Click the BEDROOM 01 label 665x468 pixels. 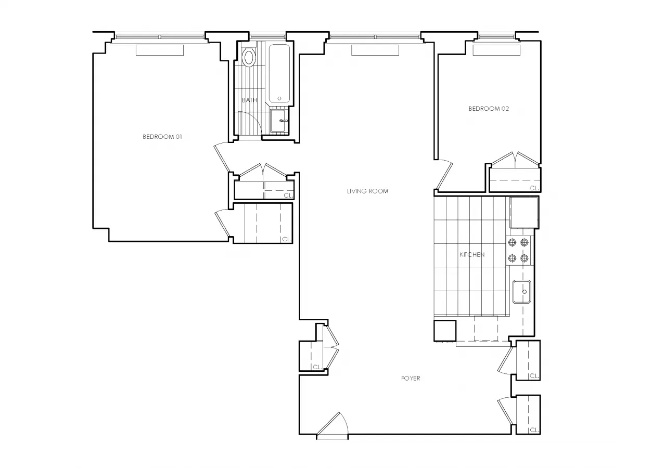coord(162,137)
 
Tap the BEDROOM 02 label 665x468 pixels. coord(489,109)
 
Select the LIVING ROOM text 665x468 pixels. coord(367,191)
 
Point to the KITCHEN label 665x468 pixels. coord(472,254)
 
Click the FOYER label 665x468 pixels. coord(410,378)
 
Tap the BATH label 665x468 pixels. coord(249,100)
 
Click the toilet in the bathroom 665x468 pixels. coord(249,57)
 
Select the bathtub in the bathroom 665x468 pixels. coord(279,73)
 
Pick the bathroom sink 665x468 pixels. coord(279,121)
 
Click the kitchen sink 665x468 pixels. coord(522,292)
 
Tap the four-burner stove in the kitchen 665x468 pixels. coord(518,250)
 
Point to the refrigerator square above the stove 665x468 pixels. coord(522,213)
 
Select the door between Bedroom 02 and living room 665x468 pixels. coord(444,176)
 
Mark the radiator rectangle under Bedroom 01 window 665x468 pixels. coord(160,50)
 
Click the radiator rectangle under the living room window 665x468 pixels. coord(375,50)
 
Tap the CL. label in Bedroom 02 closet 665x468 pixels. coord(533,188)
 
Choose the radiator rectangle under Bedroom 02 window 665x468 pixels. coord(496,50)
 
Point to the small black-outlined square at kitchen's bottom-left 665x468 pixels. coord(444,331)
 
